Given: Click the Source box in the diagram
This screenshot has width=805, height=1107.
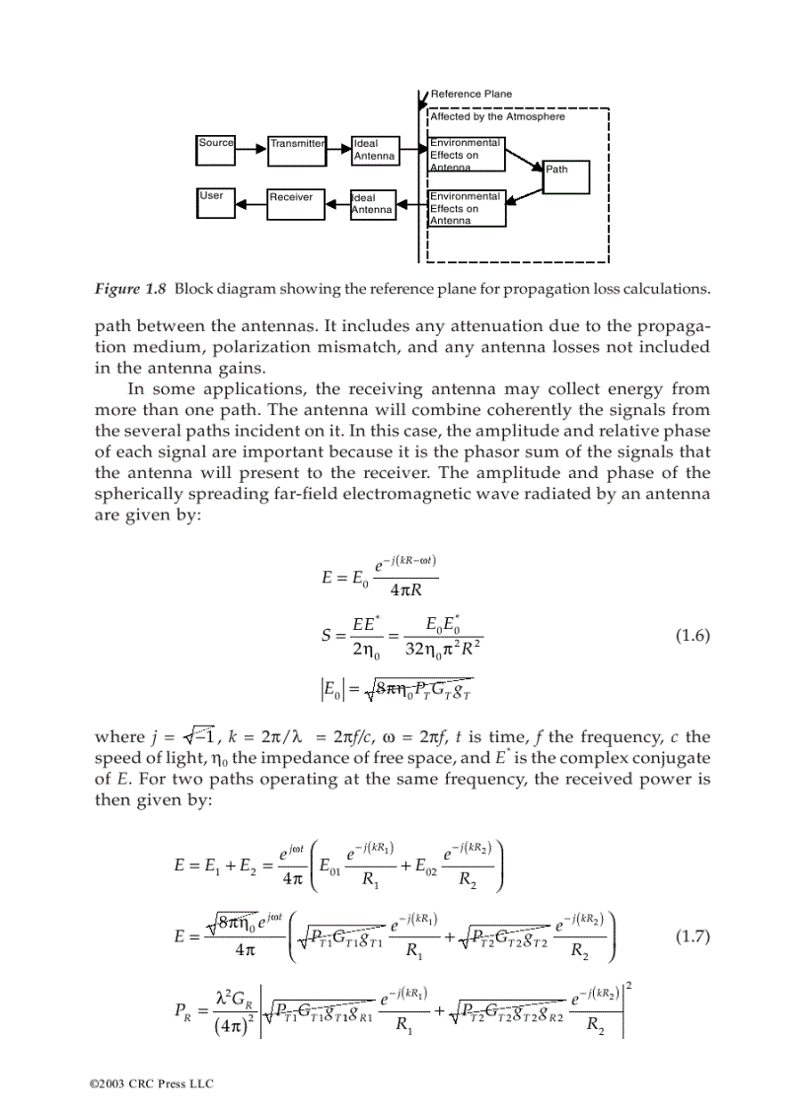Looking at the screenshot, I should point(216,150).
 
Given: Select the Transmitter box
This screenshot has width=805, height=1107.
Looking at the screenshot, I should point(296,150).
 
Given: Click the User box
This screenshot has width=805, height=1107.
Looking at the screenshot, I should point(216,202).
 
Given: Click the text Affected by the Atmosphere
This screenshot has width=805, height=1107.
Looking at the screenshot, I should point(497,116).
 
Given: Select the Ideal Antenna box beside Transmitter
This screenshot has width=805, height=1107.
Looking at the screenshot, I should point(374,150).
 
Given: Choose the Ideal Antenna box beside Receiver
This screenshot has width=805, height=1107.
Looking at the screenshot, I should point(373,204).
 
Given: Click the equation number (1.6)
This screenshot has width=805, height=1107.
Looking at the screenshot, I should point(693,635).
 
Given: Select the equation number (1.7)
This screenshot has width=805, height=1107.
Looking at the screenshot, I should point(693,935).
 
